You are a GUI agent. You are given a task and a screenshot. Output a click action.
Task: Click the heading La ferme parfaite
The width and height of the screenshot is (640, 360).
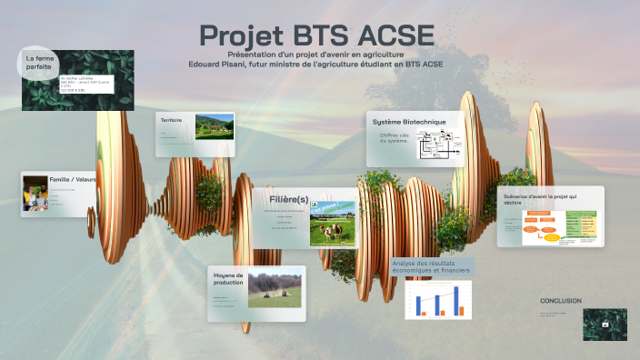tap(38, 63)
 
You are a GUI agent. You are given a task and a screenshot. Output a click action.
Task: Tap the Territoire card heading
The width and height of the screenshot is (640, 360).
tap(172, 120)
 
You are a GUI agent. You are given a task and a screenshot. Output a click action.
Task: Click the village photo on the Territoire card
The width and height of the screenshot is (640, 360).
tap(214, 125)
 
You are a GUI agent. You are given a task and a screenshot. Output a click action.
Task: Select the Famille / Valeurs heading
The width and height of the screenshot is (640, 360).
tap(74, 180)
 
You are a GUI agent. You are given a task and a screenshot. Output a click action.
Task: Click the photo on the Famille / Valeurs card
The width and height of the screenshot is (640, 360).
tap(35, 194)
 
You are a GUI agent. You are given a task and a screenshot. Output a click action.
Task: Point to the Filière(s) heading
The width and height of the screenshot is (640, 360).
tap(289, 199)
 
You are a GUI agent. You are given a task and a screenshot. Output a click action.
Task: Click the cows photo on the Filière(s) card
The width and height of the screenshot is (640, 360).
tap(333, 222)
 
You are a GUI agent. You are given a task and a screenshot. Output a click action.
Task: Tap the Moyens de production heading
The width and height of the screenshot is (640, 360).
tap(228, 278)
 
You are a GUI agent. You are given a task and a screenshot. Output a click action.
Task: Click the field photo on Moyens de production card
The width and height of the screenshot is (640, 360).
tap(275, 289)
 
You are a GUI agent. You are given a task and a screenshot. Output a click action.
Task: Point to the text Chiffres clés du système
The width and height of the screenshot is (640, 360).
tap(395, 138)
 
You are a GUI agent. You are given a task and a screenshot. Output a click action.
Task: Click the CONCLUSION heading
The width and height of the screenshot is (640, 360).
tap(560, 301)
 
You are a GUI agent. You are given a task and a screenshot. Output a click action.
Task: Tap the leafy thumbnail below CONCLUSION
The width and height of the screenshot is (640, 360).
tap(605, 325)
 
